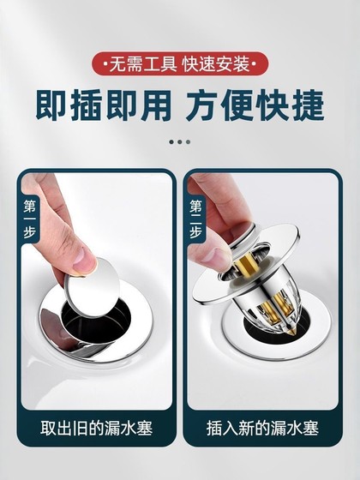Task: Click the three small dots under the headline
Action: tap(179, 141)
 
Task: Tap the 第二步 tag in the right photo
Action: tap(196, 219)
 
